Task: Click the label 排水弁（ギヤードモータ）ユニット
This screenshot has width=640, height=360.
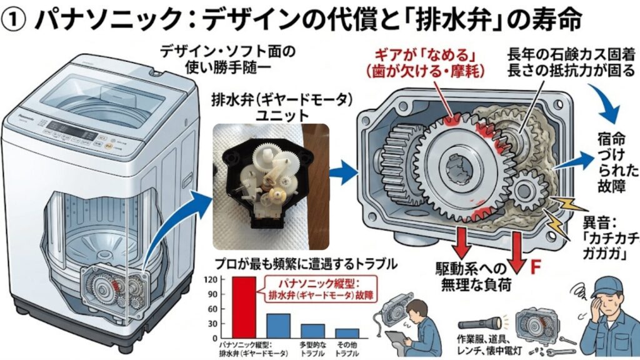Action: [x=271, y=108]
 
